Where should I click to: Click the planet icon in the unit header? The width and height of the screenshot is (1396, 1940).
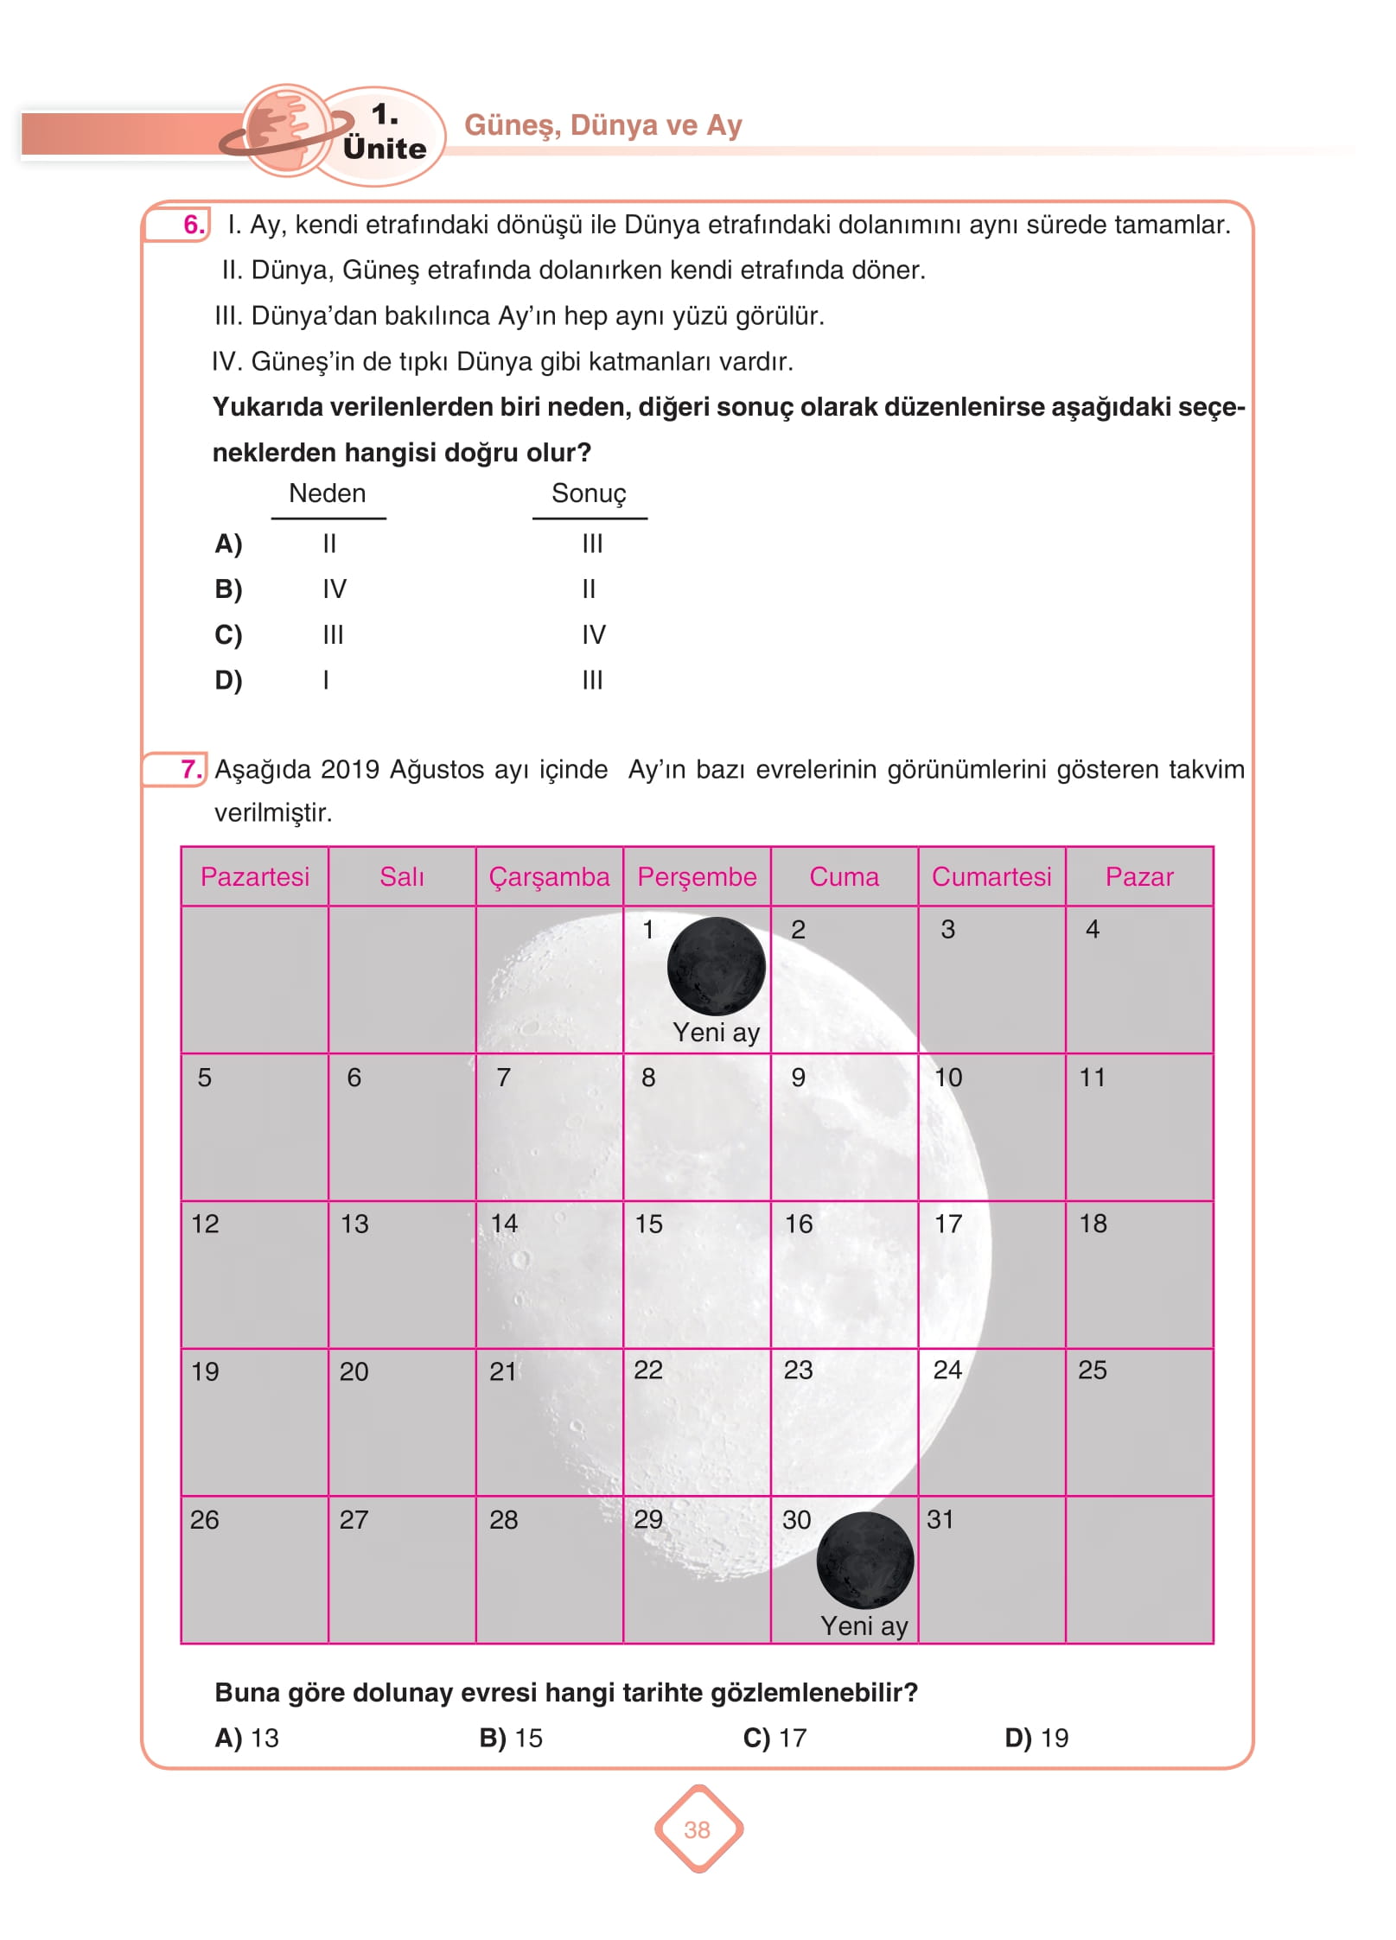click(x=286, y=130)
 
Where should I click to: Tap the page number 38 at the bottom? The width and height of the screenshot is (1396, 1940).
click(x=697, y=1829)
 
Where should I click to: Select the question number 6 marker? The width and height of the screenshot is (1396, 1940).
click(x=194, y=225)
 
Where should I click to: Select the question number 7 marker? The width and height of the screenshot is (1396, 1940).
click(x=191, y=768)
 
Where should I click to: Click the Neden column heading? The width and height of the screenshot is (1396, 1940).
click(x=327, y=493)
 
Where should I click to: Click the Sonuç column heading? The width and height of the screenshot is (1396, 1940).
click(x=589, y=493)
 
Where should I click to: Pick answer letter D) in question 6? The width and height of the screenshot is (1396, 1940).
click(x=228, y=680)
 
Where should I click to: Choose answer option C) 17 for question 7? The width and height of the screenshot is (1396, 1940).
click(x=774, y=1738)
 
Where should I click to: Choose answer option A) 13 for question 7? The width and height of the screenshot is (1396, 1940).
click(x=247, y=1738)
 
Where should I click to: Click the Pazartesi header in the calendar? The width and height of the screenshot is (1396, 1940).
click(x=255, y=876)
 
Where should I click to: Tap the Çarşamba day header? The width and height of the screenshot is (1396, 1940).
click(x=549, y=876)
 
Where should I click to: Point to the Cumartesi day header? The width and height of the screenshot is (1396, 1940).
click(x=991, y=876)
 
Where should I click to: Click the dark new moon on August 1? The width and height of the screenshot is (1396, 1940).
click(x=716, y=966)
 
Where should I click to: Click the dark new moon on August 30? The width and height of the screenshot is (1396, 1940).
click(x=864, y=1560)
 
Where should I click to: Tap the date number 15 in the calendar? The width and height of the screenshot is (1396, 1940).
click(x=648, y=1224)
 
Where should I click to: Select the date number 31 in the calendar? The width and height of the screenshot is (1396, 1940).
click(x=940, y=1519)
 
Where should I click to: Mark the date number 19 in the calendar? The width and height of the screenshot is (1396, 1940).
click(x=205, y=1371)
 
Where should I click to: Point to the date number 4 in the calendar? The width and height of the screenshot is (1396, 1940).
click(x=1093, y=929)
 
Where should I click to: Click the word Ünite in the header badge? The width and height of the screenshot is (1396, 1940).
click(x=385, y=149)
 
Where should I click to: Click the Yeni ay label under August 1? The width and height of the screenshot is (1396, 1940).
click(x=716, y=1032)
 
